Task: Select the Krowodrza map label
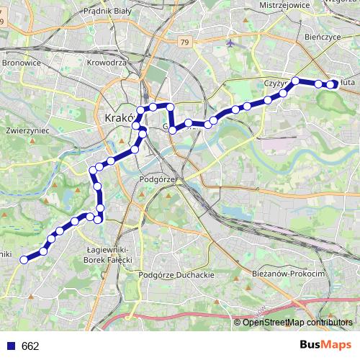click(x=106, y=63)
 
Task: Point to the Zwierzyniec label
click(x=26, y=132)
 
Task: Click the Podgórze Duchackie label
click(x=176, y=275)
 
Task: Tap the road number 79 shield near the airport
click(x=185, y=42)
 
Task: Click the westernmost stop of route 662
click(x=24, y=259)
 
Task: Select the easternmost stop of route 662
click(x=333, y=84)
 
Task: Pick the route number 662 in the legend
click(x=30, y=346)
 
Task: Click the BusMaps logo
click(x=325, y=346)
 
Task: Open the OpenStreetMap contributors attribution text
click(x=297, y=322)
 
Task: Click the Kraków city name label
click(x=115, y=117)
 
